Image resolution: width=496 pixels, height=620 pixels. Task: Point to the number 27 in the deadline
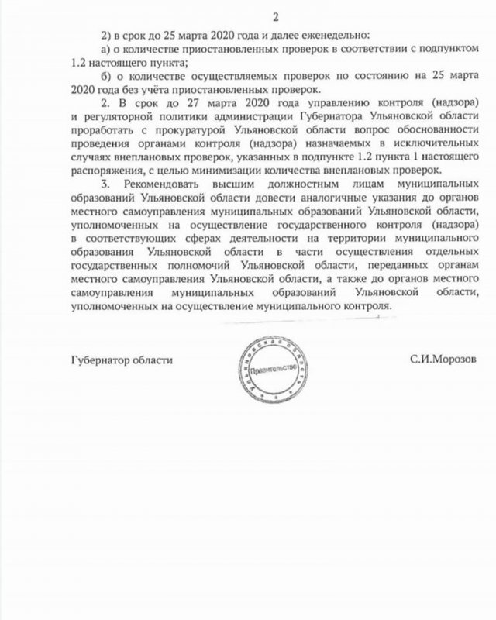pyautogui.click(x=172, y=104)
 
